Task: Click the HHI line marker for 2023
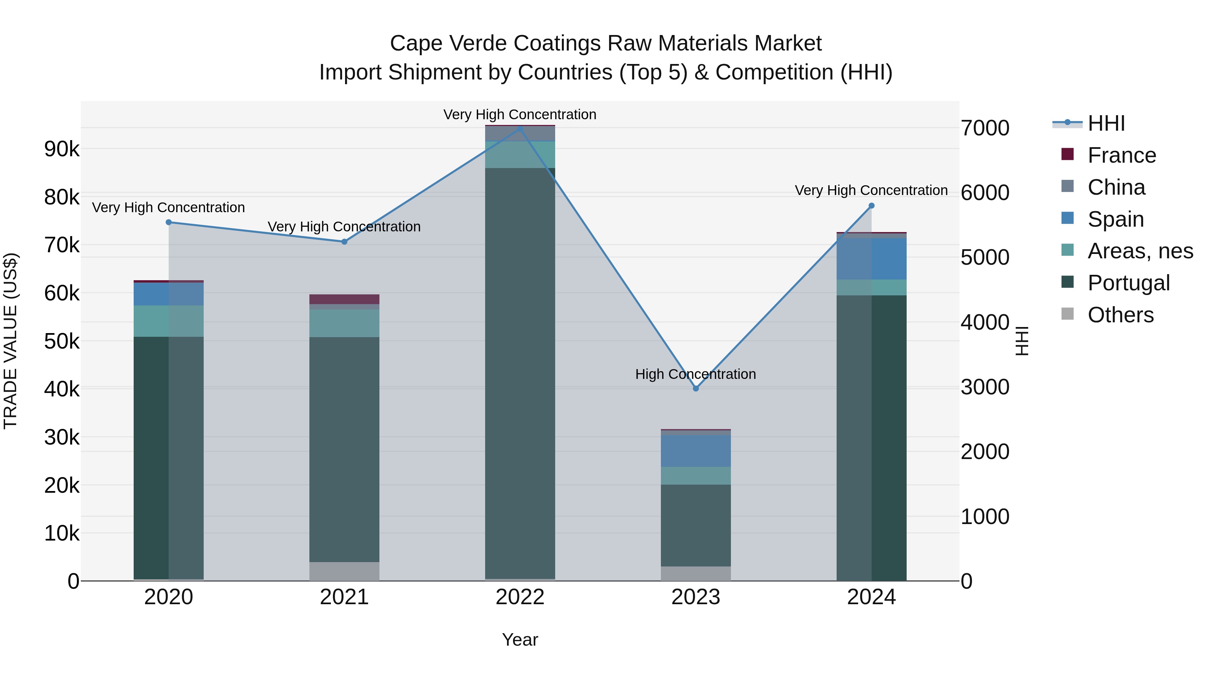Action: pos(696,388)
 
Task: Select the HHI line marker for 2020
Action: pos(168,222)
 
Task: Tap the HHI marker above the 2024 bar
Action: pos(871,206)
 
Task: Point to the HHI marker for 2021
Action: pos(344,241)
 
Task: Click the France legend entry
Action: pos(1121,155)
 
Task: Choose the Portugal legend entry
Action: pos(1128,283)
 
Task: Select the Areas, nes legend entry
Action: pos(1140,251)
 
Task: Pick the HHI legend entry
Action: pos(1106,123)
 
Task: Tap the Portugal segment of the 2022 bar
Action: pos(520,372)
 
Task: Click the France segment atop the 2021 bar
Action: pos(344,299)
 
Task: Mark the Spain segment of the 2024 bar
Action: pos(871,259)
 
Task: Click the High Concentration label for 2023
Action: pos(696,374)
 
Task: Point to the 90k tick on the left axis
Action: pos(62,149)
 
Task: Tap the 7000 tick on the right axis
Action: pos(985,128)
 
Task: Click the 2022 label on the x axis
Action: pos(520,597)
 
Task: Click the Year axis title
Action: pos(520,640)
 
